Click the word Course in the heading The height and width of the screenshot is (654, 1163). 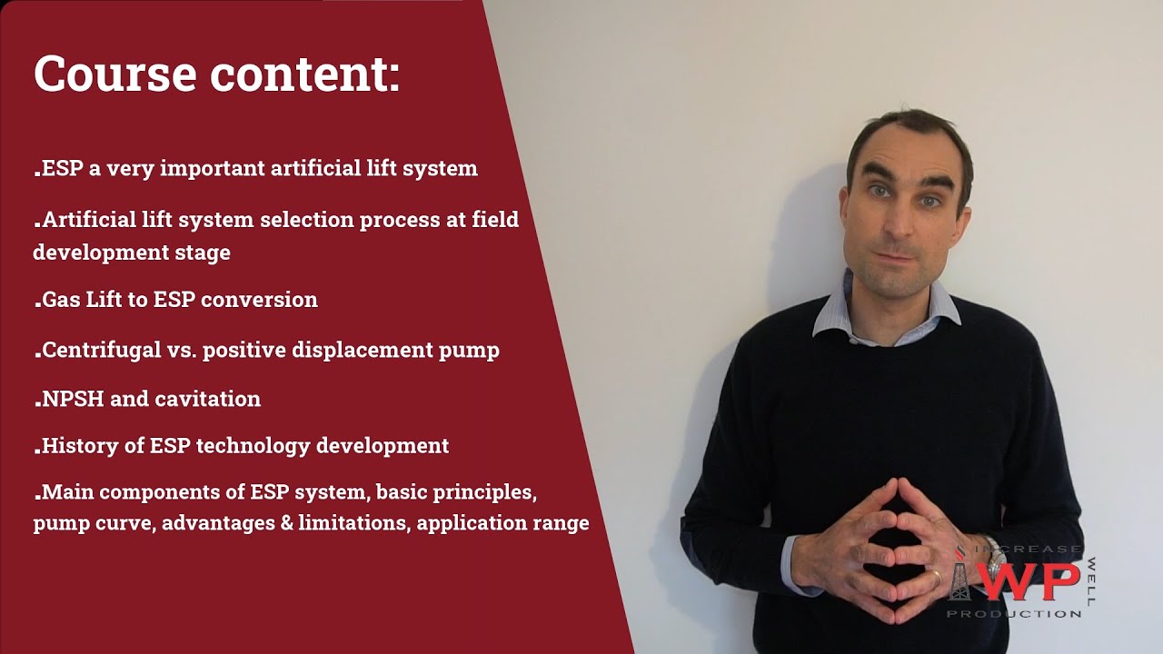(x=115, y=74)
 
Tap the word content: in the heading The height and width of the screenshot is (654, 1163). (x=305, y=74)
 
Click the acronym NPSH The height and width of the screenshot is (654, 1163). (x=74, y=399)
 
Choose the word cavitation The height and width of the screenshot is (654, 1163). (x=208, y=399)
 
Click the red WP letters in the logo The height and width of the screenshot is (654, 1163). (x=1029, y=580)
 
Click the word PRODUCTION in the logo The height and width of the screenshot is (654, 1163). (x=1014, y=614)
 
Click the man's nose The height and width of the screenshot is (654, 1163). (x=902, y=227)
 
